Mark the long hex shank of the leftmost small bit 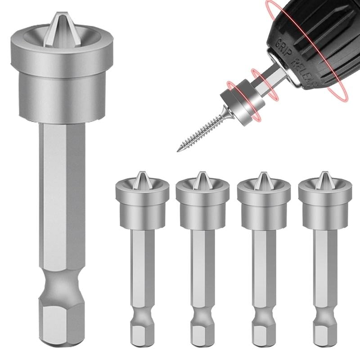142,265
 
